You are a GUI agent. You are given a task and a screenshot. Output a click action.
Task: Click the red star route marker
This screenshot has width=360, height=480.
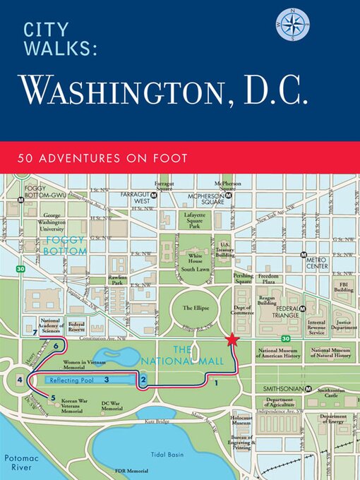tap(232, 340)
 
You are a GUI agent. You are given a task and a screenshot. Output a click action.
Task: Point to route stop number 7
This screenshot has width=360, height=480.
tap(35, 332)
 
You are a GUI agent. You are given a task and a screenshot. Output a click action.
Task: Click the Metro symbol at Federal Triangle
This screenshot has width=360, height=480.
tap(302, 309)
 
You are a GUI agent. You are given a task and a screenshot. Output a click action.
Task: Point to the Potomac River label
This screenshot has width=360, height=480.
tap(18, 462)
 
